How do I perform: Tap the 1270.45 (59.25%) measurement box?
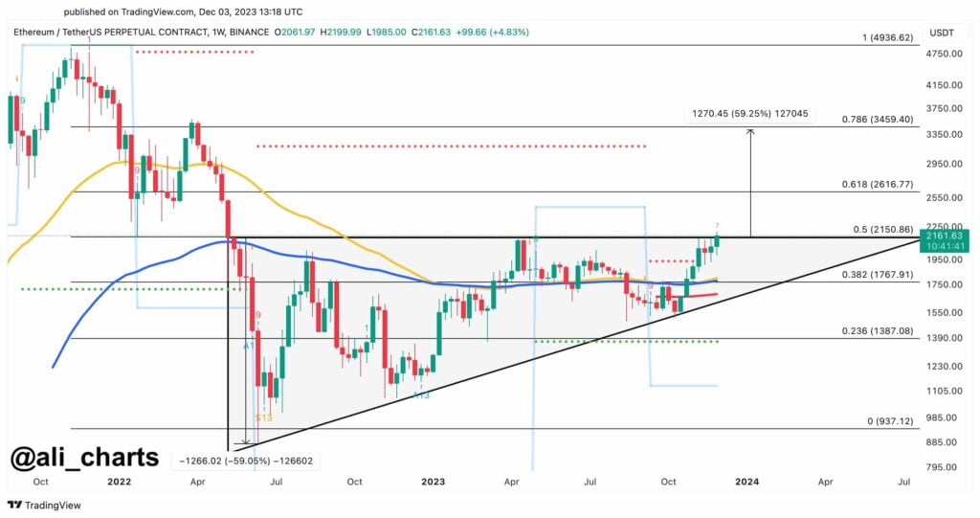click(749, 113)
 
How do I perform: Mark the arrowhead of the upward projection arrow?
click(750, 132)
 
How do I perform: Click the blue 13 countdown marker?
click(420, 394)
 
